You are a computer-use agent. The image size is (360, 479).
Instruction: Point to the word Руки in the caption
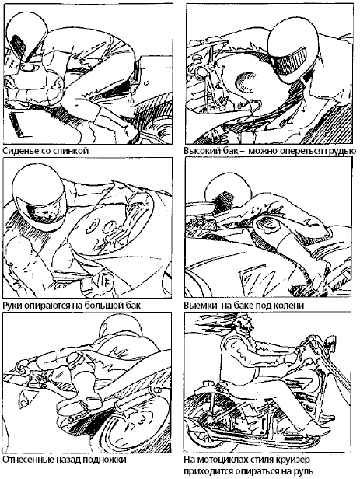12,305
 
